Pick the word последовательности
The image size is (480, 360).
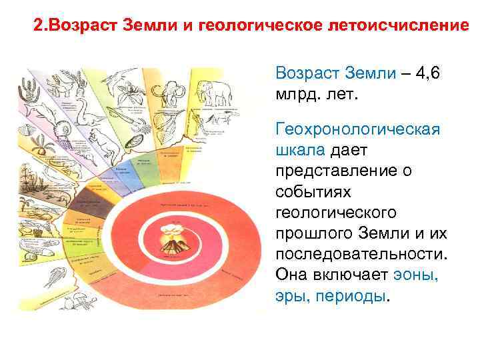coord(361,253)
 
